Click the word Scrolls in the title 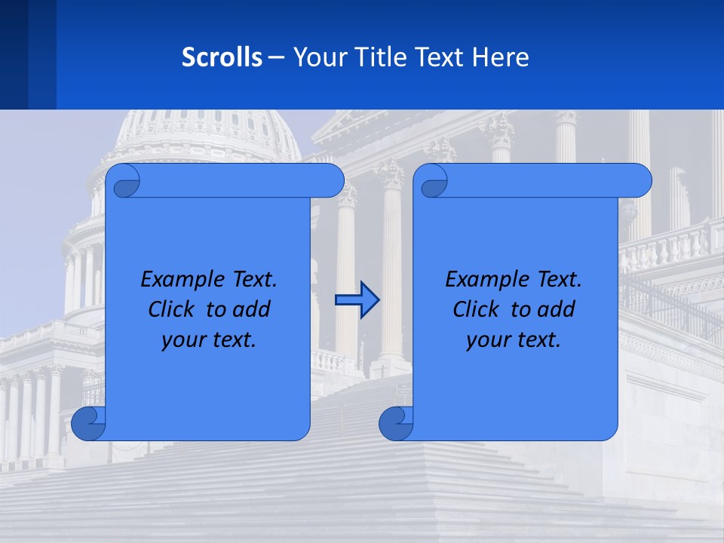[x=222, y=57]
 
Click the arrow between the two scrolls [x=357, y=300]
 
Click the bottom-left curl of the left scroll [x=88, y=423]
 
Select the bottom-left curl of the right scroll [x=396, y=423]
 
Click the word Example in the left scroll [x=179, y=280]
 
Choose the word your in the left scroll [x=184, y=339]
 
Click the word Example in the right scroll [x=483, y=280]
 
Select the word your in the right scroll [x=489, y=339]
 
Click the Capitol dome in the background [x=207, y=132]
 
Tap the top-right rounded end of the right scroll [x=638, y=181]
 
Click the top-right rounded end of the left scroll [x=330, y=181]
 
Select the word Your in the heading [x=318, y=57]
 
